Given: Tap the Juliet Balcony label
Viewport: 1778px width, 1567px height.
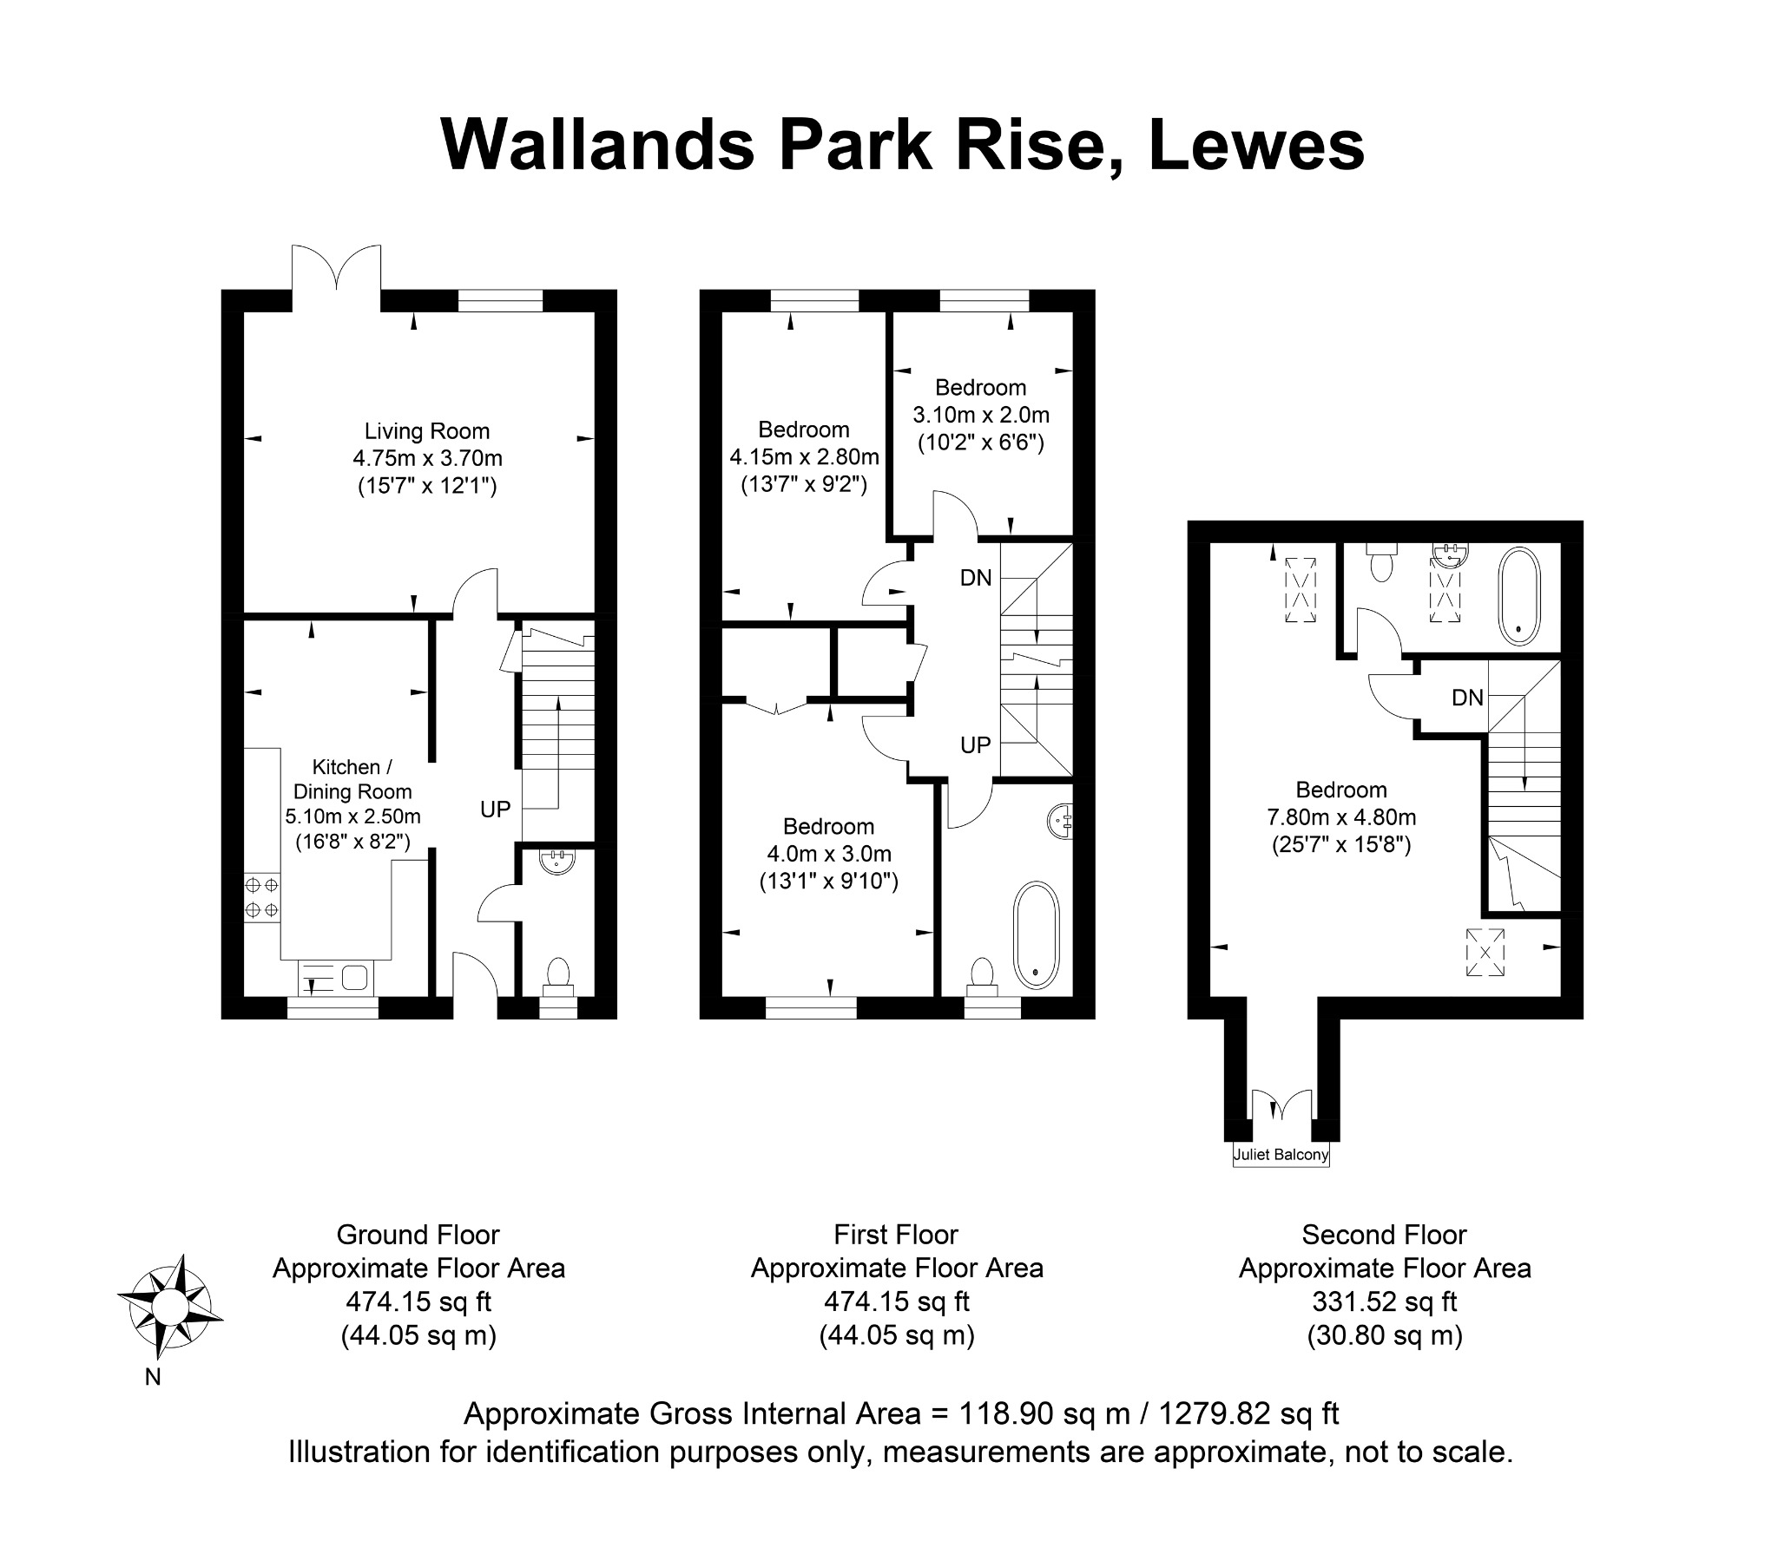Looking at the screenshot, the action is point(1281,1155).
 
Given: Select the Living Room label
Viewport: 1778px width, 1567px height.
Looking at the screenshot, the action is point(427,430).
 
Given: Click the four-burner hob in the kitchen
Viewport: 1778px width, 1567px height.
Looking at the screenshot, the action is point(262,897).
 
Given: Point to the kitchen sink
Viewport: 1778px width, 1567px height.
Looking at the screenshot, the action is point(336,977).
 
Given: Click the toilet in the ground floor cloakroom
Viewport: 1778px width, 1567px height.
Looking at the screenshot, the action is point(557,977).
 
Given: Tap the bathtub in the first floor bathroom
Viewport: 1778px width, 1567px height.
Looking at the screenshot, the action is point(1036,934).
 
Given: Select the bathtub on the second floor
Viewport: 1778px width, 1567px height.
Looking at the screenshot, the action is point(1519,596).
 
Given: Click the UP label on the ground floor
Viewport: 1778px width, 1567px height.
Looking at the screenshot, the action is point(495,810).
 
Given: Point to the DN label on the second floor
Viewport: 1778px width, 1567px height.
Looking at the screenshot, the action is point(1467,698).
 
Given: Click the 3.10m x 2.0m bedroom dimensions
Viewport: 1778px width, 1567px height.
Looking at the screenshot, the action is point(980,415).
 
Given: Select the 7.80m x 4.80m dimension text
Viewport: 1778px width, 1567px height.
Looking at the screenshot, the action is point(1341,817).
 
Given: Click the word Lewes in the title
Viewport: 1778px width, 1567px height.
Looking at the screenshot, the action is point(1257,145).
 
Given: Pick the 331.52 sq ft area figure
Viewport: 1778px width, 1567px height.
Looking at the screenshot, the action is point(1384,1301).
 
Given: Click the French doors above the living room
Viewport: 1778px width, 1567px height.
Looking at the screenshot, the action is point(336,277).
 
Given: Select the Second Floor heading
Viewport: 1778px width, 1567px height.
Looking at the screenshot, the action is point(1384,1235).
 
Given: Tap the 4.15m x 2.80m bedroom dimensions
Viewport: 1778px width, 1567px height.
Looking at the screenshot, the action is point(804,456).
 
